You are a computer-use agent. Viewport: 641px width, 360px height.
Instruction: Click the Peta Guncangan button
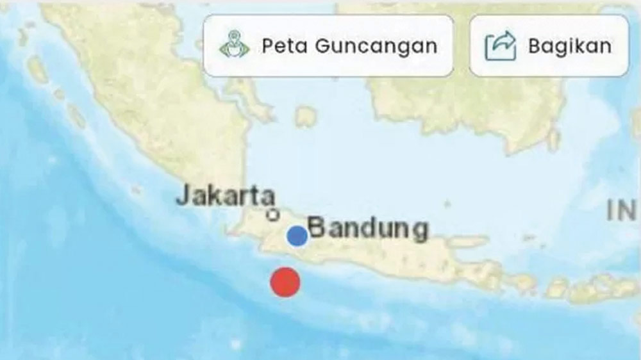[x=328, y=46]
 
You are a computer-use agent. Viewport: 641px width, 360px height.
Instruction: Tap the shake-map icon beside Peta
[x=234, y=46]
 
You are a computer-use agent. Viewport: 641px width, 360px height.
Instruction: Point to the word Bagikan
[x=569, y=46]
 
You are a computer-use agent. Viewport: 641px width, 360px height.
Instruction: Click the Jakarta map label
[x=226, y=196]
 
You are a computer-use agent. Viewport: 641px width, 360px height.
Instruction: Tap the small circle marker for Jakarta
[x=273, y=215]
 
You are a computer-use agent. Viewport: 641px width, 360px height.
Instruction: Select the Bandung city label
[x=368, y=229]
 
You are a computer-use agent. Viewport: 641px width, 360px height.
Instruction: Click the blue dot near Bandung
[x=297, y=236]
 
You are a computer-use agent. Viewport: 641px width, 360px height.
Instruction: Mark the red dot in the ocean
[x=285, y=282]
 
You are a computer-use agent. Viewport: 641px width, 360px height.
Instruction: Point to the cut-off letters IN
[x=621, y=210]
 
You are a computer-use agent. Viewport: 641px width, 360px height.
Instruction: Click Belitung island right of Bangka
[x=306, y=117]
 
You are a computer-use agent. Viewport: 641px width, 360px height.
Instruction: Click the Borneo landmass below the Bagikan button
[x=500, y=109]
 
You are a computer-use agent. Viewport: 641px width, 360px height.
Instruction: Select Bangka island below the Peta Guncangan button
[x=253, y=99]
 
